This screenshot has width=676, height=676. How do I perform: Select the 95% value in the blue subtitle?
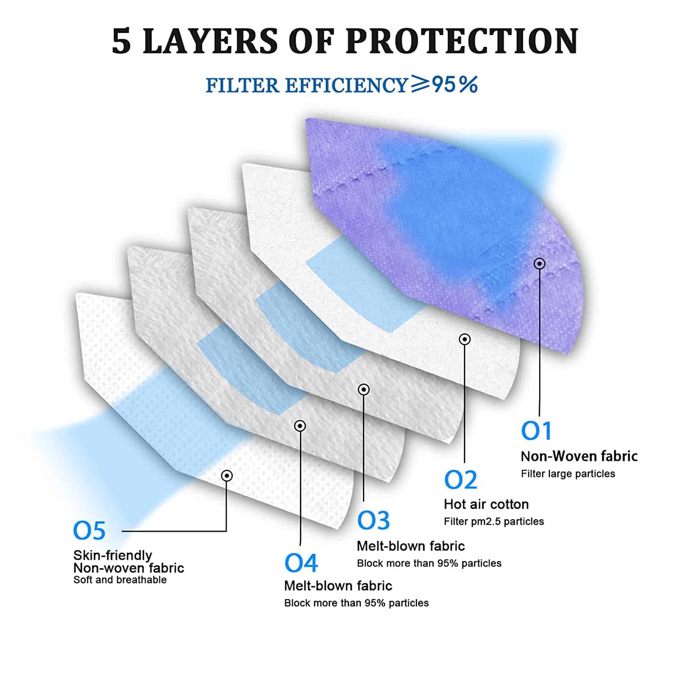[455, 84]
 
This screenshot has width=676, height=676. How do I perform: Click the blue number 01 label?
[536, 430]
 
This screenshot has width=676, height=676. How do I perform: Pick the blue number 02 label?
[460, 480]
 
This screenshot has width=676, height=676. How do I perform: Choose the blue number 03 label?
[373, 520]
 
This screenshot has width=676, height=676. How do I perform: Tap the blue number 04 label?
[301, 562]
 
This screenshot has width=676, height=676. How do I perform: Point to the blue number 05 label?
[89, 530]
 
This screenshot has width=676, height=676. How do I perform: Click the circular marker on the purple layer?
[539, 264]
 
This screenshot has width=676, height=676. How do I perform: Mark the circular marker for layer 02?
[465, 339]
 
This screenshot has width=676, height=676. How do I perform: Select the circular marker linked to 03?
[364, 389]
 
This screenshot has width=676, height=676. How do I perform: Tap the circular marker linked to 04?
[300, 426]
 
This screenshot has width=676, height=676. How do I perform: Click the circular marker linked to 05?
[227, 475]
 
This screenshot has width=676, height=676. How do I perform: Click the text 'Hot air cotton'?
[486, 504]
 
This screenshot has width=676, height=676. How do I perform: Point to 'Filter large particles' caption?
[568, 474]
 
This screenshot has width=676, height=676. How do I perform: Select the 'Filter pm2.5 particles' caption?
[494, 521]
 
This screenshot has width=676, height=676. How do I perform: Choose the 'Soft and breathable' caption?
[120, 580]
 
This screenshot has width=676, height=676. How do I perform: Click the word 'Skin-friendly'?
[113, 555]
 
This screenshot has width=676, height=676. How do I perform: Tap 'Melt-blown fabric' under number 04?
[338, 585]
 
